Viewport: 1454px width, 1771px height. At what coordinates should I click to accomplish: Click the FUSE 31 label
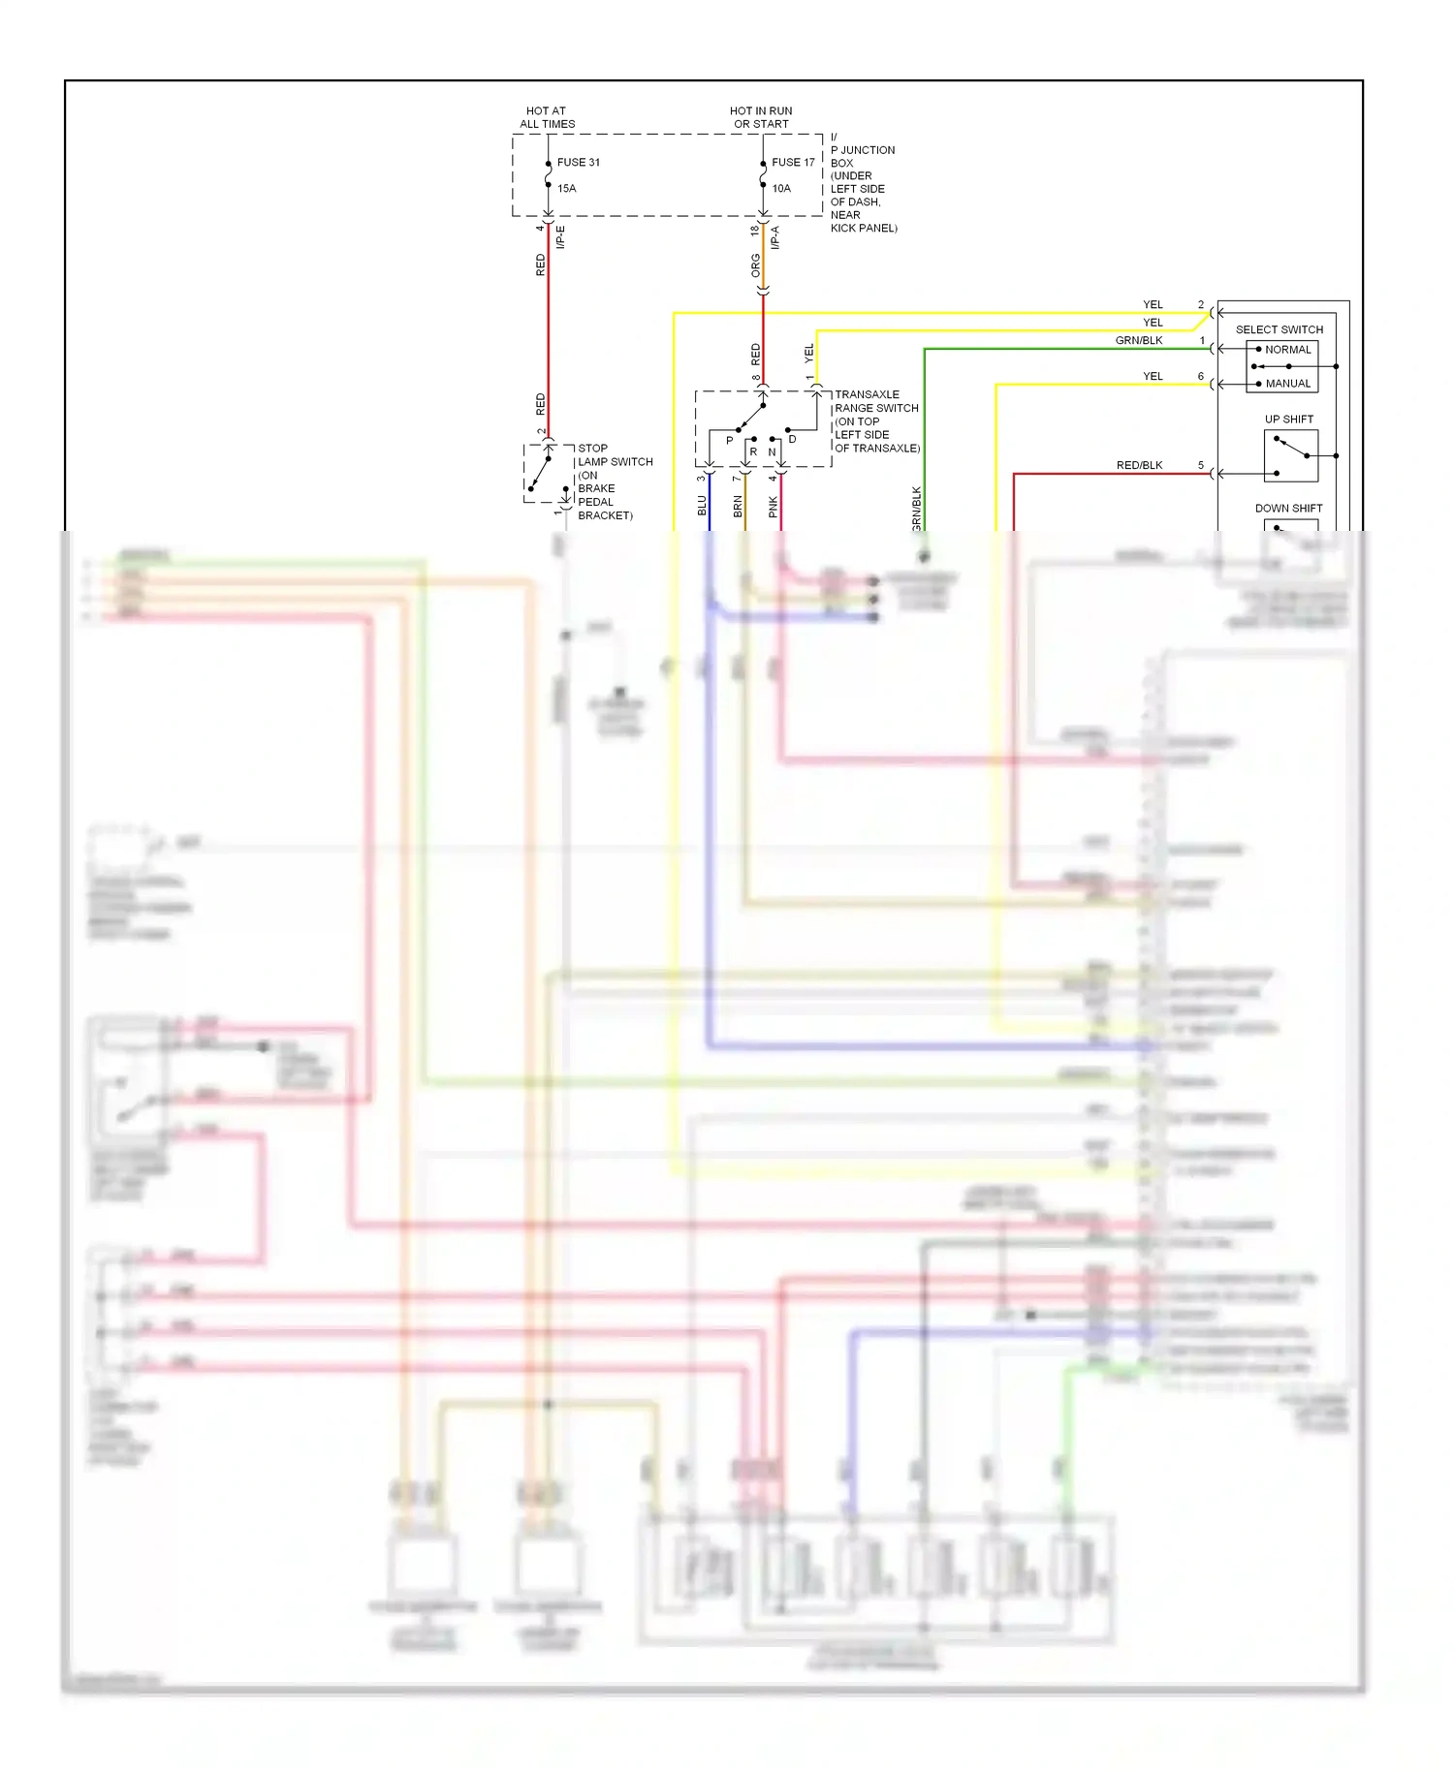click(578, 163)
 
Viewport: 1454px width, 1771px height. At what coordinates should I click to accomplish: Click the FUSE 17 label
click(793, 163)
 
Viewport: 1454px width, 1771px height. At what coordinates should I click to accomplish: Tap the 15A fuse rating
click(567, 189)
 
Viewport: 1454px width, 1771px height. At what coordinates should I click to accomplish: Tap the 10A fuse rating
click(781, 189)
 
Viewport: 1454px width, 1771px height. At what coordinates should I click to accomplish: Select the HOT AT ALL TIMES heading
click(547, 117)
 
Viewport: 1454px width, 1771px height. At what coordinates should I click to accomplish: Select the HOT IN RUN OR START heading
click(761, 117)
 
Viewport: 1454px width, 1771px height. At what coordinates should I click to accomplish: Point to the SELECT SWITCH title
click(1279, 329)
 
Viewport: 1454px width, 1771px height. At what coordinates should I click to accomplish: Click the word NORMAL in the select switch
click(1287, 350)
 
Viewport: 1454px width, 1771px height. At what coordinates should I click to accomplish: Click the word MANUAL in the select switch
click(1287, 384)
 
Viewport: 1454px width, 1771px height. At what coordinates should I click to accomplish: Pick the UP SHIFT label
click(1288, 419)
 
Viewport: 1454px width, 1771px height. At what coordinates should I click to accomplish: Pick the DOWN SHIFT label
click(1288, 509)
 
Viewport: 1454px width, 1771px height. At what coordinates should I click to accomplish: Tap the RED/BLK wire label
click(1139, 466)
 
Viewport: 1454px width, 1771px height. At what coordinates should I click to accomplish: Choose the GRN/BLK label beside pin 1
click(1139, 341)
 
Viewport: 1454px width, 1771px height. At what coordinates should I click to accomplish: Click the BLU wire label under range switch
click(703, 506)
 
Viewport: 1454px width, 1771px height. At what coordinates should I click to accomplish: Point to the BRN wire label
click(738, 506)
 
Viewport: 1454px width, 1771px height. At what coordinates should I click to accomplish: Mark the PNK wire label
click(774, 506)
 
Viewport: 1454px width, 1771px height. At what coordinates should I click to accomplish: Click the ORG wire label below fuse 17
click(756, 265)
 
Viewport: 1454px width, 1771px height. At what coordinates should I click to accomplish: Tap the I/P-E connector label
click(560, 237)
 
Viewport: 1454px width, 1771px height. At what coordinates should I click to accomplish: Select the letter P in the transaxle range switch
click(730, 441)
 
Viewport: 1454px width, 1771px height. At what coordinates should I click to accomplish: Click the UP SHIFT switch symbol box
click(1290, 456)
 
